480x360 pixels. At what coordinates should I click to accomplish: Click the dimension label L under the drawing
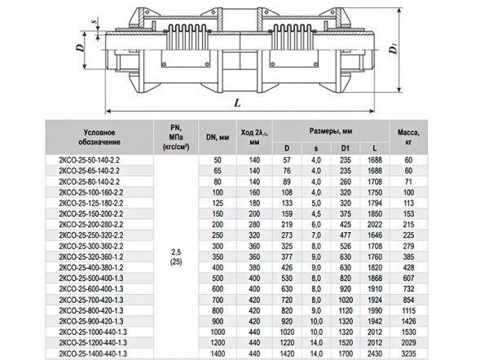(x=237, y=103)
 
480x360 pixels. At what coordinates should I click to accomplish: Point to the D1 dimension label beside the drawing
(x=394, y=49)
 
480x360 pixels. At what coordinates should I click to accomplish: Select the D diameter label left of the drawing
(x=80, y=47)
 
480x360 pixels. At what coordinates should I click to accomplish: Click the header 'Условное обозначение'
(x=99, y=138)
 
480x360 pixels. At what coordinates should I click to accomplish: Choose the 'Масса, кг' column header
(x=408, y=137)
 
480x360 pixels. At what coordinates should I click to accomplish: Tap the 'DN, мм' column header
(x=218, y=138)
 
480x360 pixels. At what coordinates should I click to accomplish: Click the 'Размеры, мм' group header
(x=331, y=131)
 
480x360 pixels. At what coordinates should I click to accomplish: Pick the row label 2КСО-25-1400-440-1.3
(x=93, y=353)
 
